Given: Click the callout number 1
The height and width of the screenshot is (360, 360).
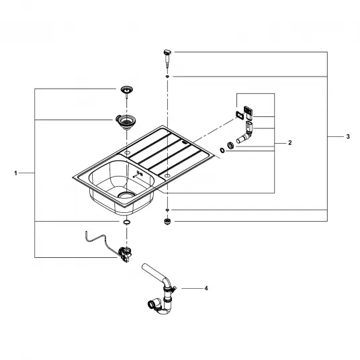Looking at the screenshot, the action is pyautogui.click(x=15, y=173).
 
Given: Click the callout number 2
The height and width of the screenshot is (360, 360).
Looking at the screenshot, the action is pyautogui.click(x=289, y=143).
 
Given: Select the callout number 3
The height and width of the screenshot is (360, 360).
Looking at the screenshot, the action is pyautogui.click(x=348, y=136).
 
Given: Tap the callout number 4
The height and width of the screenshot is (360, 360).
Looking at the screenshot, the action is pyautogui.click(x=206, y=288).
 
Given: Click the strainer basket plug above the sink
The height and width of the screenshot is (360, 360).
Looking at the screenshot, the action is pyautogui.click(x=127, y=90).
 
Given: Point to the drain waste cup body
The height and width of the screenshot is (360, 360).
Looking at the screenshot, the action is pyautogui.click(x=126, y=121).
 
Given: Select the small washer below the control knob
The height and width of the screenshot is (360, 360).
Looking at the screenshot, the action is pyautogui.click(x=167, y=76).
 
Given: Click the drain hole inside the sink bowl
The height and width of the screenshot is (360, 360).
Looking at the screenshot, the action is pyautogui.click(x=126, y=195).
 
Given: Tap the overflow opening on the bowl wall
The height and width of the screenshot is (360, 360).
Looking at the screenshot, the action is pyautogui.click(x=138, y=175).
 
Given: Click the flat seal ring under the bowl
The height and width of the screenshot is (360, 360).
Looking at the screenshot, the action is pyautogui.click(x=126, y=222).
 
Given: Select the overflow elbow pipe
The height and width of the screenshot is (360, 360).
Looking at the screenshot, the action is pyautogui.click(x=245, y=133).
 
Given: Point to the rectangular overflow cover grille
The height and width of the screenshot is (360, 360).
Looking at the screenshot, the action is pyautogui.click(x=249, y=113).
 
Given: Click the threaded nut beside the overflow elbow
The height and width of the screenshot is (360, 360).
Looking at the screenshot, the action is pyautogui.click(x=230, y=145).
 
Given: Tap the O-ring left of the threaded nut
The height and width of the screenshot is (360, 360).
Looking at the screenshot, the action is pyautogui.click(x=222, y=150).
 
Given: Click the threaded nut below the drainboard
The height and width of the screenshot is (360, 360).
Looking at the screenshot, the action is pyautogui.click(x=168, y=222).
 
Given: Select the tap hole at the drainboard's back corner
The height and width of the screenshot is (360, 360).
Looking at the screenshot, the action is pyautogui.click(x=127, y=152).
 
